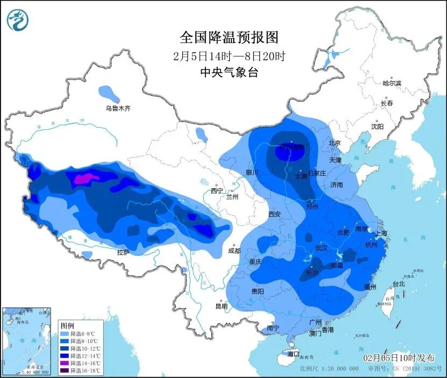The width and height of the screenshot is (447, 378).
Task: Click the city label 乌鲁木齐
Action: tap(117, 108)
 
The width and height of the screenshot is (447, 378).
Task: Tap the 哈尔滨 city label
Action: tap(392, 83)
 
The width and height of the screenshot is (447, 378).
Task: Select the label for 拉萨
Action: tap(123, 252)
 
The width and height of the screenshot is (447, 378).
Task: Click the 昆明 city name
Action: tap(221, 306)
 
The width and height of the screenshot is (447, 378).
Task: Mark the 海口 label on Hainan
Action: tap(293, 354)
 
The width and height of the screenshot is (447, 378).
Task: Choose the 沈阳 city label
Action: tap(377, 126)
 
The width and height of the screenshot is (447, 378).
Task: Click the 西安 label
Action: tap(274, 214)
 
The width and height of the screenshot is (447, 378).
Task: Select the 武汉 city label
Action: tap(321, 248)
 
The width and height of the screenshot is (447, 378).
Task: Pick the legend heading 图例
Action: tap(67, 325)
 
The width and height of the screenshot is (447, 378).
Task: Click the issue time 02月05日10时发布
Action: tap(401, 358)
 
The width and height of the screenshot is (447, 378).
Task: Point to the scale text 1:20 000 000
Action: tap(337, 369)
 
